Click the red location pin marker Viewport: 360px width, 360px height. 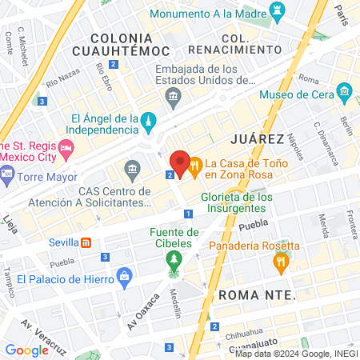coord(180,164)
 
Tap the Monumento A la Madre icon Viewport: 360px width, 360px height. coord(278,13)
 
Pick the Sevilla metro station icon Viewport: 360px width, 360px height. coord(86,242)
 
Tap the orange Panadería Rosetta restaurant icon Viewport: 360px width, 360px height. coord(280,261)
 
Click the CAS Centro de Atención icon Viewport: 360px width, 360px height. coord(133,170)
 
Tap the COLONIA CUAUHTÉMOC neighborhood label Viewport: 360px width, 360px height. coord(122,45)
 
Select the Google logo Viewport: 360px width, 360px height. coord(26,350)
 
